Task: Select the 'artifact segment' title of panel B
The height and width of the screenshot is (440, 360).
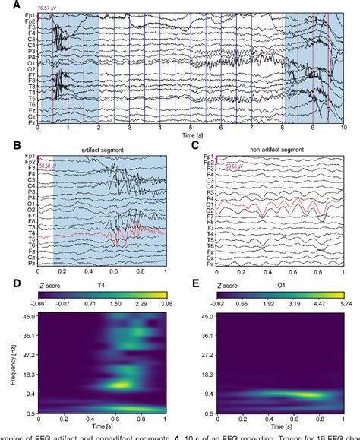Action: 102,150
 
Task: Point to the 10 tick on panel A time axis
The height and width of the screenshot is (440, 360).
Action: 343,128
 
